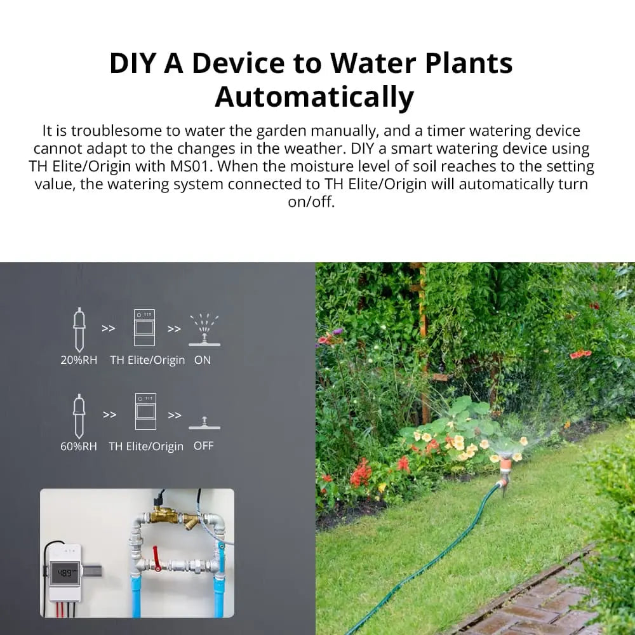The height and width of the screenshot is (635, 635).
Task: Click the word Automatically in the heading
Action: coord(314,97)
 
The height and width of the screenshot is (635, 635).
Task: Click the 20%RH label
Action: coord(79,360)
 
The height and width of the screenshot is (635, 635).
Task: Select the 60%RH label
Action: coord(79,446)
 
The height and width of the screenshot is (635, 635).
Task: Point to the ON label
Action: coord(203,360)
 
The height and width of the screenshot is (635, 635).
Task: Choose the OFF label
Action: coord(203,446)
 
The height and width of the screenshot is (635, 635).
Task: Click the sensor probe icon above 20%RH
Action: coord(79,330)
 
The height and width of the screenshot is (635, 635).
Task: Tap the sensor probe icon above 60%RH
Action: coord(79,415)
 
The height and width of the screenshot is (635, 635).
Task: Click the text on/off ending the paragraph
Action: coord(311,203)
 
